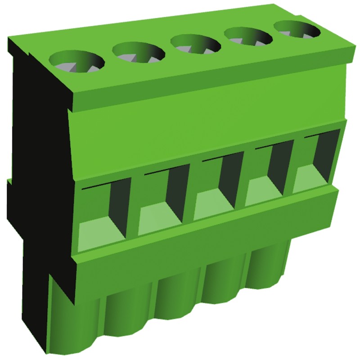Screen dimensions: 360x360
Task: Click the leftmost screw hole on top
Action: click(x=76, y=61)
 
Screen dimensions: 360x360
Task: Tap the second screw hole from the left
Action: click(x=139, y=52)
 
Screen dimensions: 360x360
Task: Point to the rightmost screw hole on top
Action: click(x=297, y=30)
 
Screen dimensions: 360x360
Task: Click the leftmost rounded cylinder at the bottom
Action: click(x=72, y=315)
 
